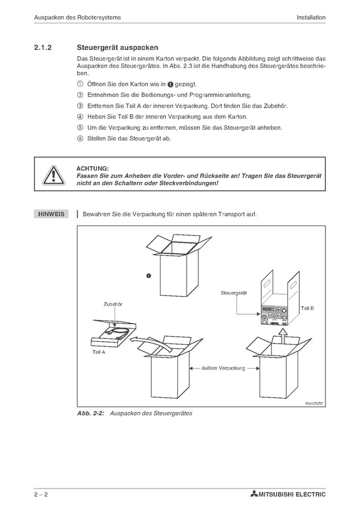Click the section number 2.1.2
[x=43, y=48]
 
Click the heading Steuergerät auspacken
[x=117, y=48]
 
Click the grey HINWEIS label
[x=50, y=214]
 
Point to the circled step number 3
[x=80, y=105]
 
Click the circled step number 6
[x=80, y=138]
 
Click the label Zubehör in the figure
[x=113, y=304]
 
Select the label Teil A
[x=99, y=352]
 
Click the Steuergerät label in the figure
[x=235, y=292]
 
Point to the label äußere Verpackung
[x=223, y=368]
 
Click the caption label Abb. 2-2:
[x=91, y=413]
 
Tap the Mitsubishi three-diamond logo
[x=253, y=494]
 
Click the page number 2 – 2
[x=40, y=494]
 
